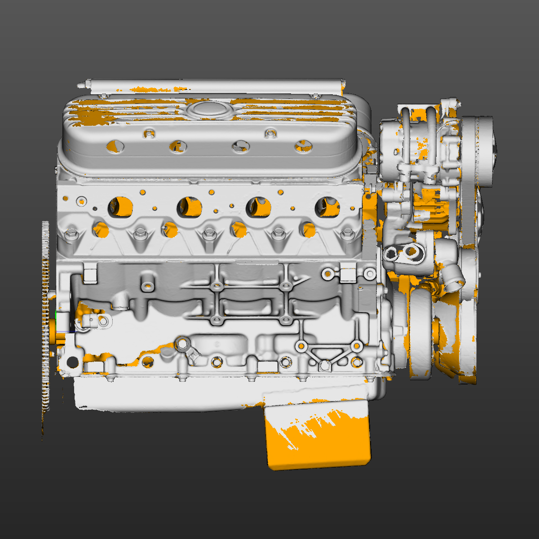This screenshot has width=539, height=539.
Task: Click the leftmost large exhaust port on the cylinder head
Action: pyautogui.click(x=120, y=206)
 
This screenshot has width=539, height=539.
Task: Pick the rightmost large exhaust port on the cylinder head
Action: pyautogui.click(x=327, y=206)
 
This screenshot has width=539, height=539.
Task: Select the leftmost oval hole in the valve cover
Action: pyautogui.click(x=115, y=146)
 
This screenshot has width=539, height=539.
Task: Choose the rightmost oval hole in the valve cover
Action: pyautogui.click(x=304, y=146)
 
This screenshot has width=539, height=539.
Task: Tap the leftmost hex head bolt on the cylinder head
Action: pyautogui.click(x=71, y=233)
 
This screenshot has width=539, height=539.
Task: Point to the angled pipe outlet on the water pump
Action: pyautogui.click(x=453, y=276)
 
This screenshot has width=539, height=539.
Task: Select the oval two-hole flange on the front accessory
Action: pyautogui.click(x=403, y=253)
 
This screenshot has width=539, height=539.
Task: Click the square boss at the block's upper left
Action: pyautogui.click(x=90, y=274)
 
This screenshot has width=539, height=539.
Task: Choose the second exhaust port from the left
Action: pyautogui.click(x=189, y=206)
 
